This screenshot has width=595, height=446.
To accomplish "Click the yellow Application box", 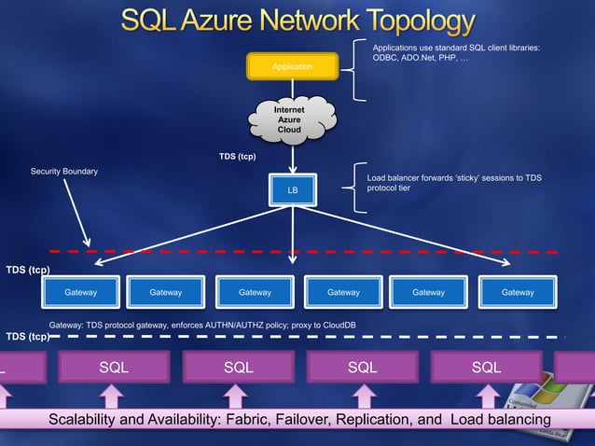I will point(292,66).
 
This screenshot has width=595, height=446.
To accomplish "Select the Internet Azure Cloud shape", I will point(292,121).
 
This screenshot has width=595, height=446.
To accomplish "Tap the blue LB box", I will point(292,189).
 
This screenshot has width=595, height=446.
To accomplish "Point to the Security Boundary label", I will point(63,172).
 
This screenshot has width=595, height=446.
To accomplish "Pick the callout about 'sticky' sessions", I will point(453,183).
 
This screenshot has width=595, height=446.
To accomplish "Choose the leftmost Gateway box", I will point(80,292).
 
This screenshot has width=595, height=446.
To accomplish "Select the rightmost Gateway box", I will point(518,292).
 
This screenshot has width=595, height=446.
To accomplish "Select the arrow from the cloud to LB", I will point(293,157).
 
